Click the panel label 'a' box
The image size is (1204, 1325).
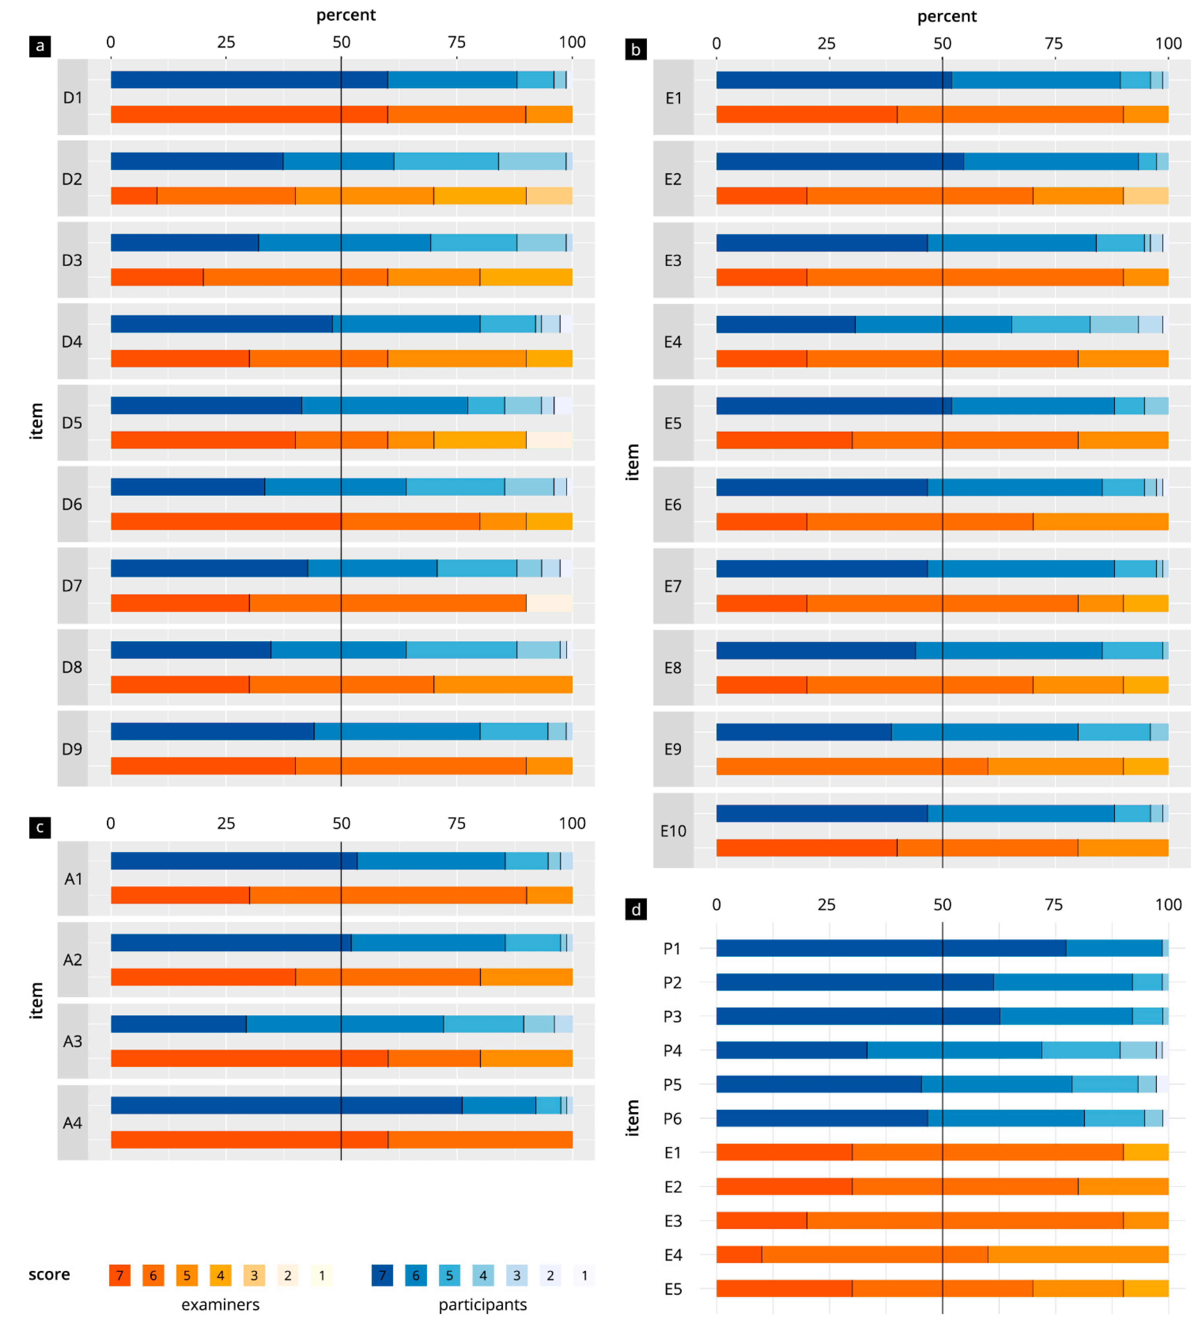point(40,46)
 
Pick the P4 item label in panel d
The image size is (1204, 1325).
point(672,1050)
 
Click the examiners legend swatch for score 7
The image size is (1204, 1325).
point(120,1276)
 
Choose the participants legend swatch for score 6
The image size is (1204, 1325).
point(416,1276)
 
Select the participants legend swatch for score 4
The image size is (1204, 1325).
point(483,1276)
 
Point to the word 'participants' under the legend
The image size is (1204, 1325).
point(483,1305)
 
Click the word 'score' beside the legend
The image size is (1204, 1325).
point(49,1274)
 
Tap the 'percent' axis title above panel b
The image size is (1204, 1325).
point(947,17)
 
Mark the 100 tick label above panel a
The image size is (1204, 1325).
point(572,42)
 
